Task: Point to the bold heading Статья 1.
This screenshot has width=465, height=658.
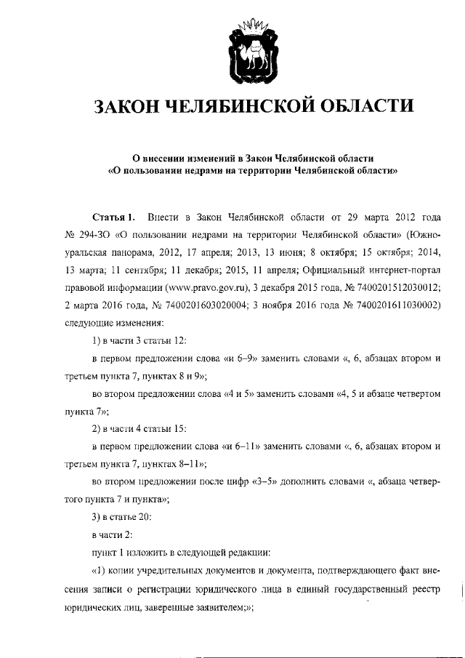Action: coord(113,217)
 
